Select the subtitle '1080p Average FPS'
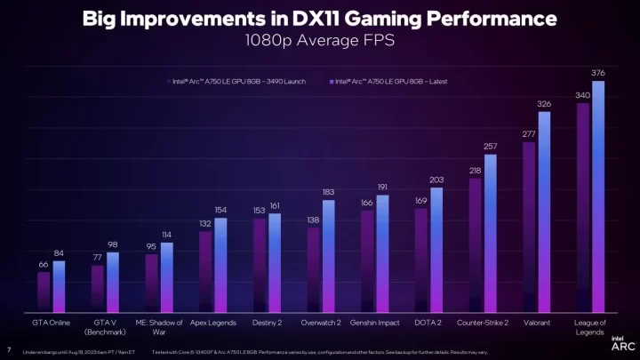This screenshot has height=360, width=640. [x=319, y=40]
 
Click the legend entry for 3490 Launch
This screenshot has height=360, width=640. [x=237, y=81]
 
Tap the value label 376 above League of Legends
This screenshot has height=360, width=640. [x=598, y=72]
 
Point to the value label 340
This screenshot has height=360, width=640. [x=582, y=94]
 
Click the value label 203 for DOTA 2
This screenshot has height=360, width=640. [x=436, y=180]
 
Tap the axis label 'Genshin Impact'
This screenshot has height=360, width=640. [x=374, y=323]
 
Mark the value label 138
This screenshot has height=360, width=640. [x=313, y=220]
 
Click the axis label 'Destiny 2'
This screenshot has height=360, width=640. [x=268, y=323]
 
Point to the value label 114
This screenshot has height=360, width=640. [x=166, y=235]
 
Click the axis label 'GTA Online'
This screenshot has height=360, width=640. [x=51, y=323]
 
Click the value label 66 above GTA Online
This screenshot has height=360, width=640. [x=43, y=264]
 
